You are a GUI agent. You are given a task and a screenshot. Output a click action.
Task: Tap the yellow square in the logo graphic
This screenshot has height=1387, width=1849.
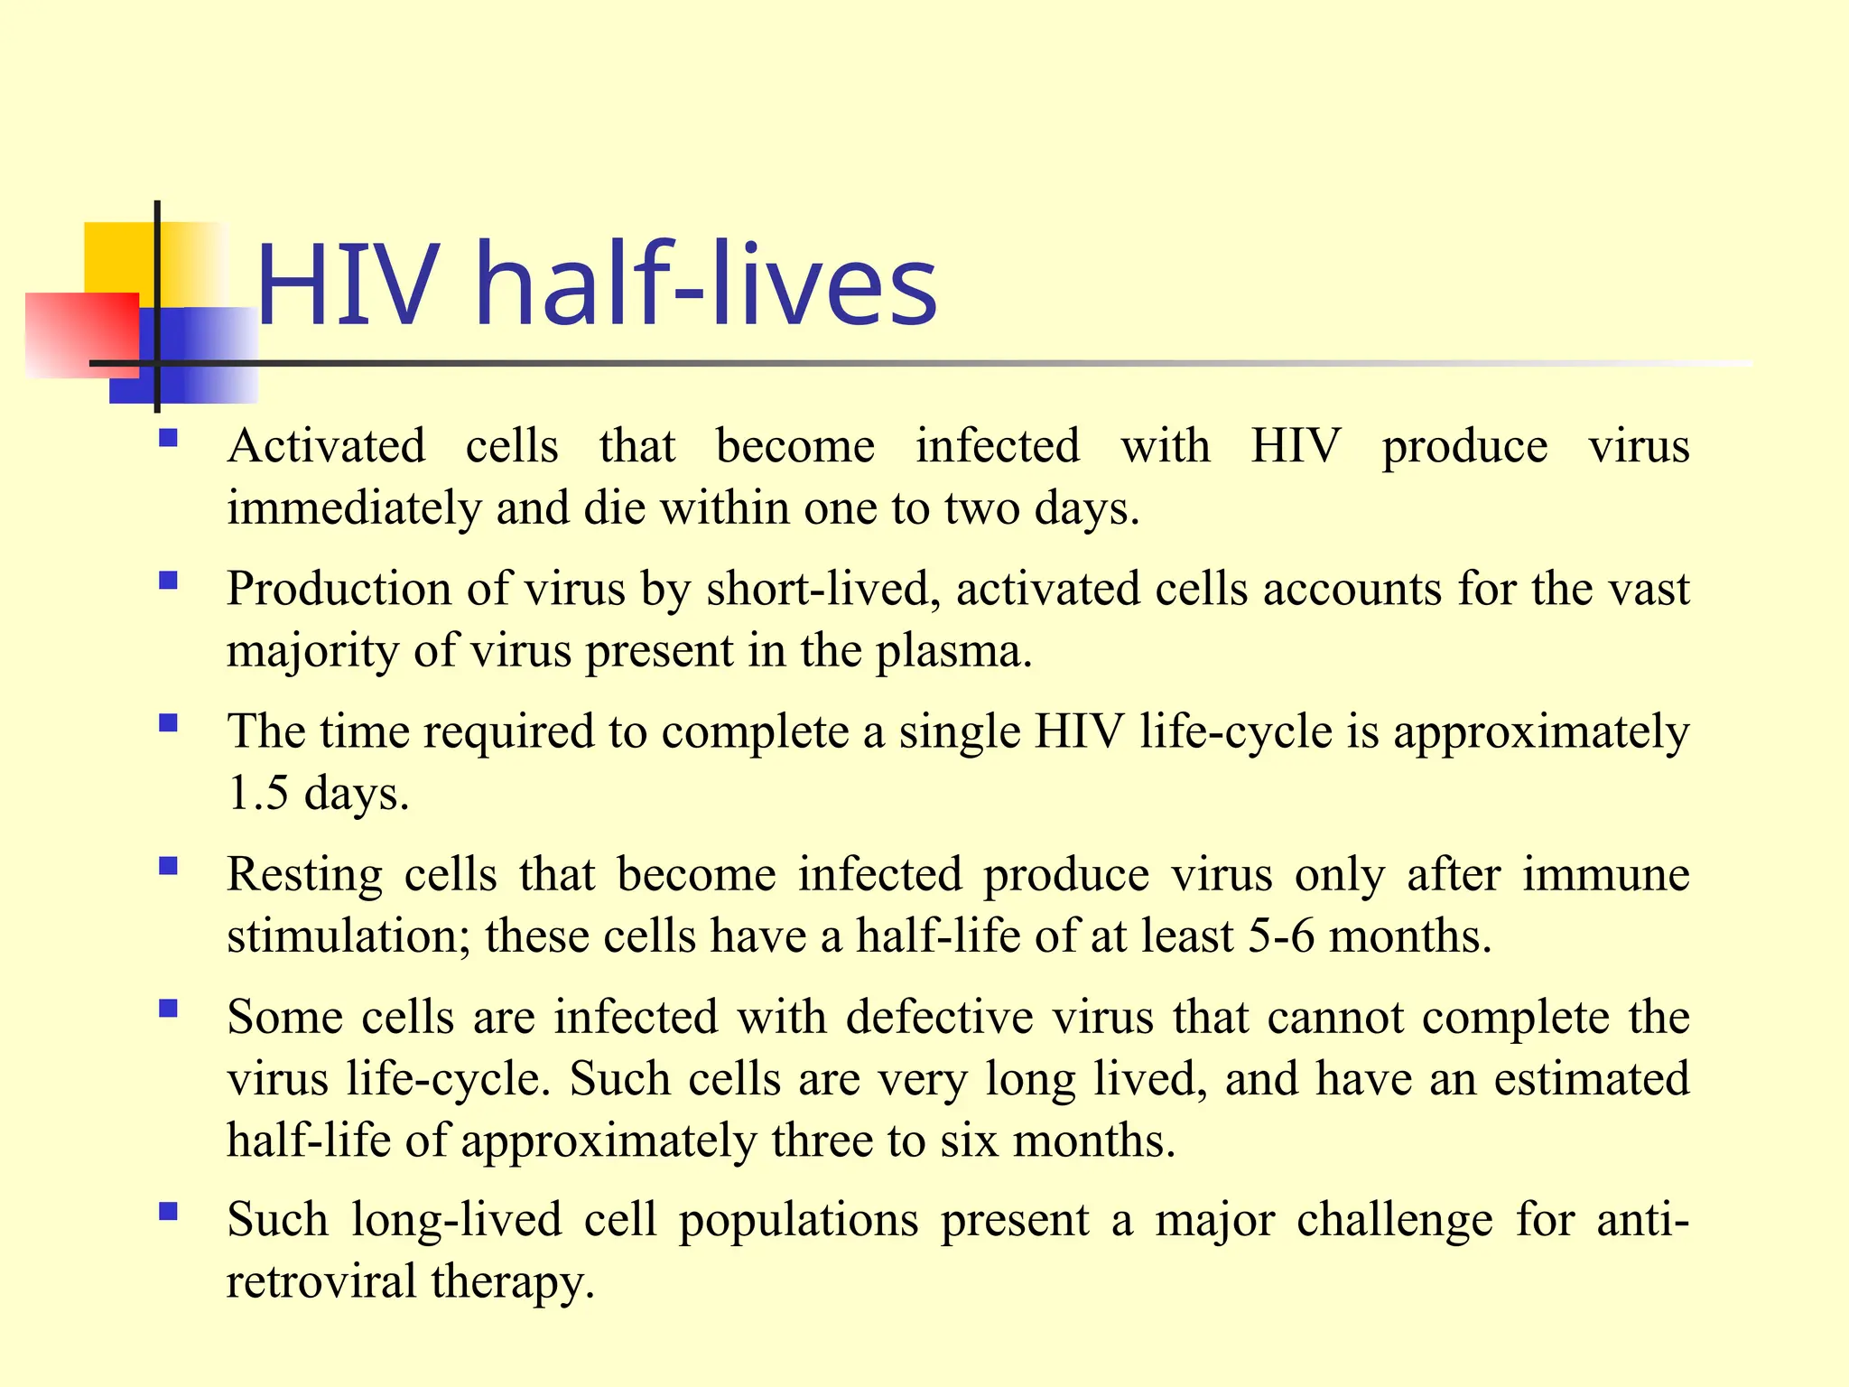coord(122,257)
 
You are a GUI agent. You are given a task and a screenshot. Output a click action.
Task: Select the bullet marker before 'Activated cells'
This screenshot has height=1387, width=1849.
coord(168,440)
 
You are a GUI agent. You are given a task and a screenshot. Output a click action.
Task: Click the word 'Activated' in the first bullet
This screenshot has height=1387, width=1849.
coord(326,447)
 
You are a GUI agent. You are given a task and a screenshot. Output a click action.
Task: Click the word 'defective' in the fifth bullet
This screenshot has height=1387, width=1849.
coord(939,1019)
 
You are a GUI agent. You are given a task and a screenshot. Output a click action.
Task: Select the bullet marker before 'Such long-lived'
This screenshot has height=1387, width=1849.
coord(168,1213)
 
